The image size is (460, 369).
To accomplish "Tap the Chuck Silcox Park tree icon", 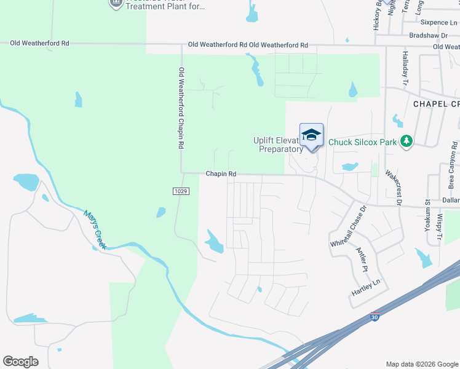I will click(406, 141).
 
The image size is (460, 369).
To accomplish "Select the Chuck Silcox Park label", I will click(362, 142).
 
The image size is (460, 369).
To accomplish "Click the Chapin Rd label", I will click(221, 174).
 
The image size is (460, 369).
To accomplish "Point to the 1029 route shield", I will click(181, 191).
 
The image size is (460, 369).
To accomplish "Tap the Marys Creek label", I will click(95, 229).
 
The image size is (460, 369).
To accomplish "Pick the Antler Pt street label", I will click(362, 260).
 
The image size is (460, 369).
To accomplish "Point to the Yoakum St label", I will click(427, 215).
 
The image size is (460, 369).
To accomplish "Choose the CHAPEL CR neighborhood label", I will click(436, 104).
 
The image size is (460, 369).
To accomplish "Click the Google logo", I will click(20, 362).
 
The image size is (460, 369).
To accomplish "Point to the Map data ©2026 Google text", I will click(422, 364).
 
